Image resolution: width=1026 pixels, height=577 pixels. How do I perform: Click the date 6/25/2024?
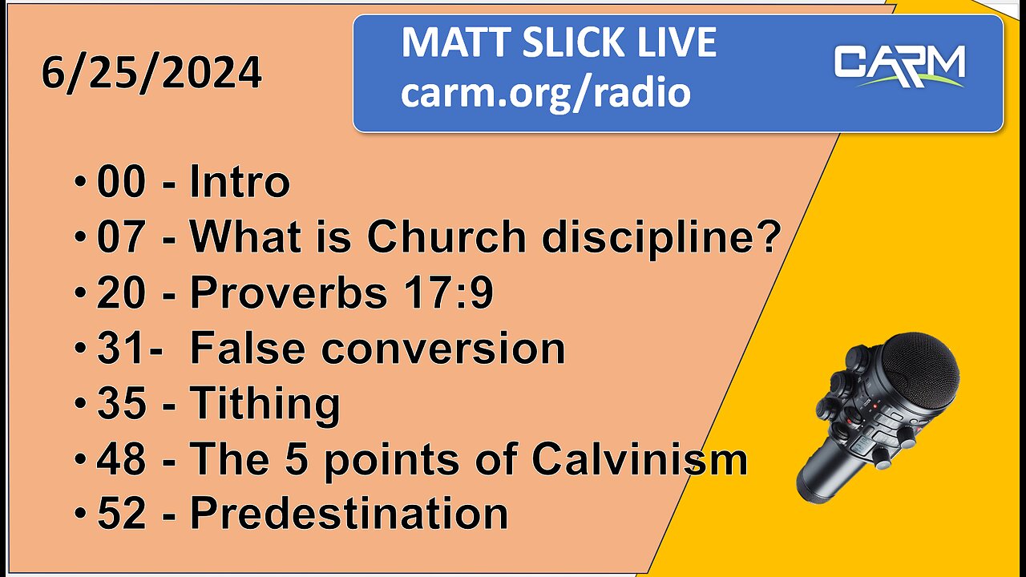(151, 74)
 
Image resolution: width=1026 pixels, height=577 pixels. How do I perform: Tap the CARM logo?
(899, 66)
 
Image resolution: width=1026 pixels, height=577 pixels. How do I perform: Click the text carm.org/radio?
(545, 93)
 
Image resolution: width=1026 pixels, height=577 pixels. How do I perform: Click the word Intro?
(239, 183)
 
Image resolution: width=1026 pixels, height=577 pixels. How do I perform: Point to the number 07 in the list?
(122, 238)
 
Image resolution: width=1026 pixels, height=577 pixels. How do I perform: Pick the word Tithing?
(265, 405)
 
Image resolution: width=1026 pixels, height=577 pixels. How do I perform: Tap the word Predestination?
(349, 514)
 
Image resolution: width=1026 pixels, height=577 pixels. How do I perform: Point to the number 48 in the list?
(122, 459)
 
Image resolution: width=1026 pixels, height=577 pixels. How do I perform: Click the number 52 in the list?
(122, 514)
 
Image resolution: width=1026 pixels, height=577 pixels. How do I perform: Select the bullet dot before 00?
(81, 184)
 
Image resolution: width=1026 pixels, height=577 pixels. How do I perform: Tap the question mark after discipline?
(770, 238)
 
